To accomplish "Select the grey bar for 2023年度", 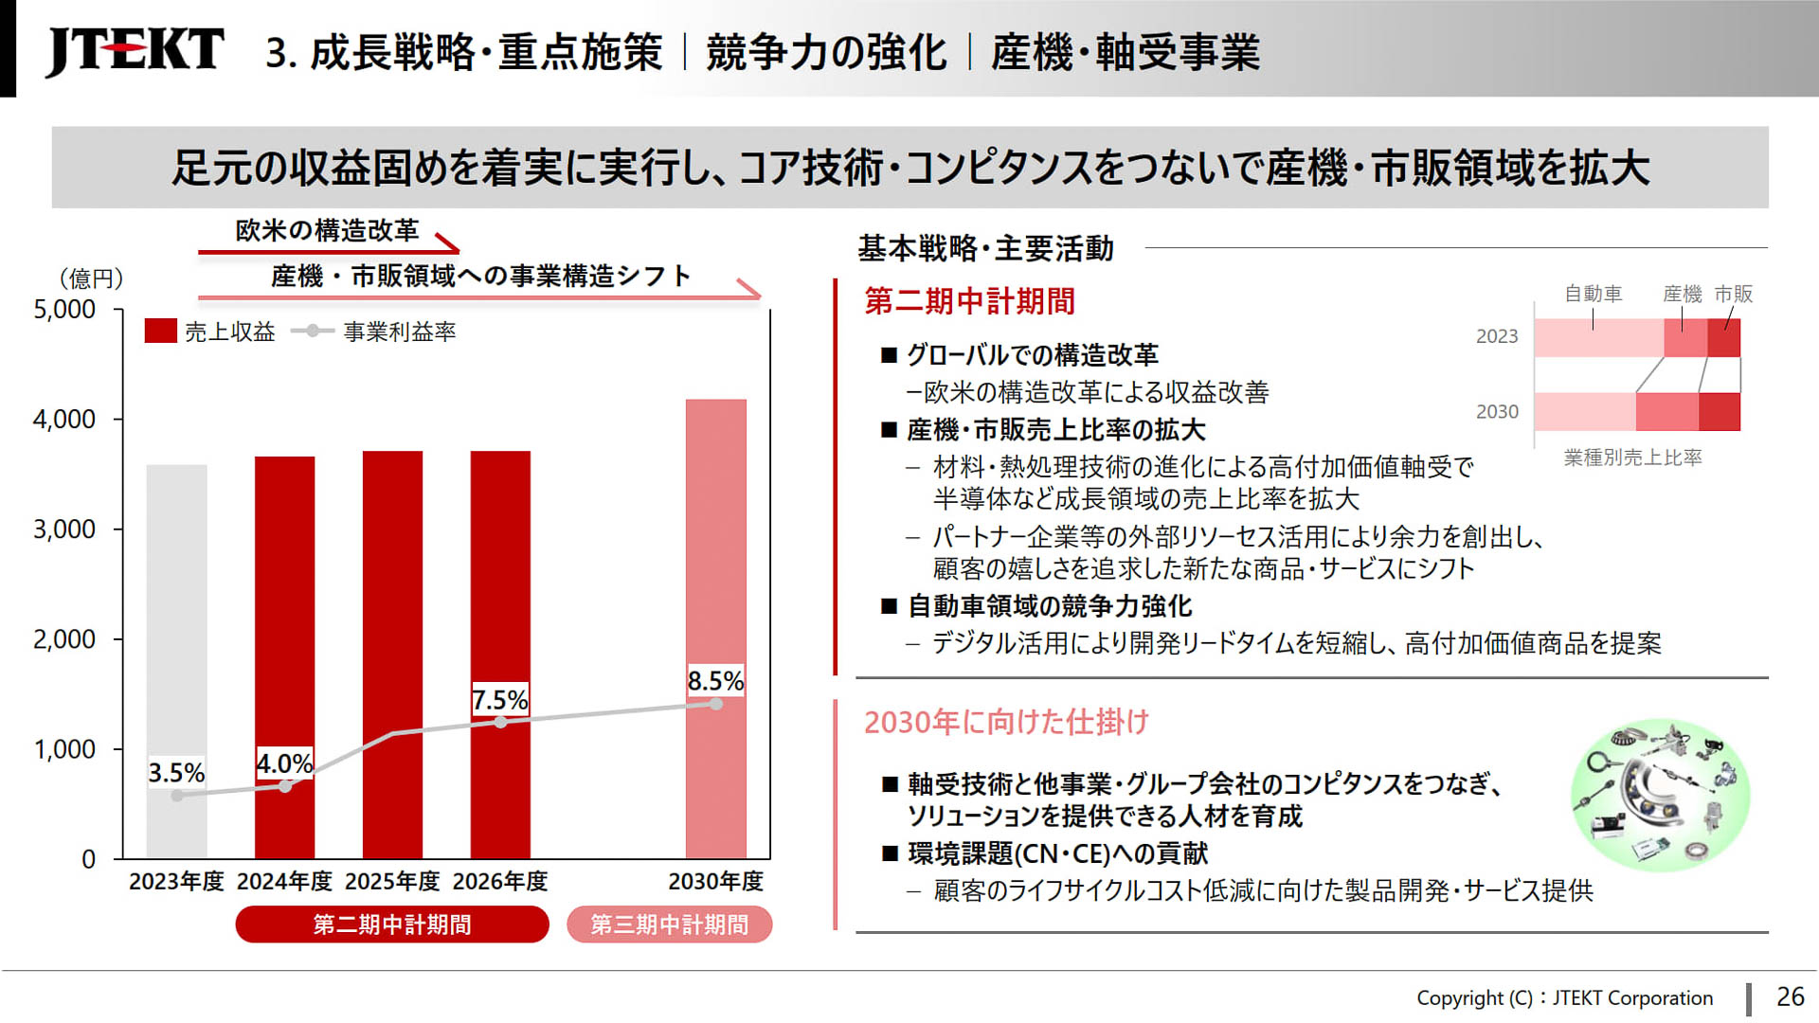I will tap(176, 663).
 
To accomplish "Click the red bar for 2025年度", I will tap(392, 654).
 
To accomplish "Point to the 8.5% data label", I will tap(715, 681).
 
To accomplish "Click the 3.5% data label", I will tap(176, 773).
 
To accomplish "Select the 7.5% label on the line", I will tap(499, 700).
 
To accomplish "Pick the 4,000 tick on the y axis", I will tap(64, 420).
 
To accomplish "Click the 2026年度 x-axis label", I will tap(499, 882).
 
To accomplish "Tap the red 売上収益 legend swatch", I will tap(160, 332).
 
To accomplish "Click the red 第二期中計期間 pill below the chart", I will tap(391, 924).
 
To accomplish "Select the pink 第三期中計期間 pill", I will tap(669, 924).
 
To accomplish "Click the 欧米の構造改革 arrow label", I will tap(327, 230).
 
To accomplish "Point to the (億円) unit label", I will tap(91, 278).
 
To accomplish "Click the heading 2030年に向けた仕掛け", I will tap(1006, 723).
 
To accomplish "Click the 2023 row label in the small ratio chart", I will tap(1496, 336).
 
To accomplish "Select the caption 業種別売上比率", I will tap(1632, 458).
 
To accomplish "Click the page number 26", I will tap(1790, 996).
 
